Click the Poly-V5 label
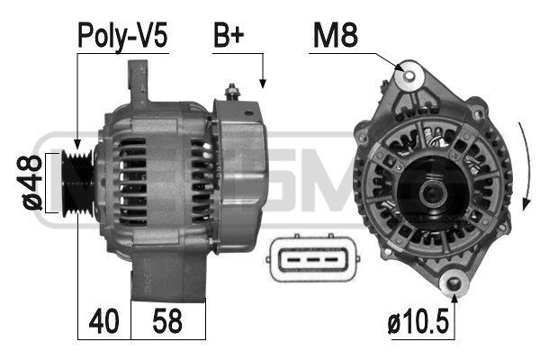(x=122, y=36)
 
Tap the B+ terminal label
(x=229, y=35)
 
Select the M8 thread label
(x=336, y=35)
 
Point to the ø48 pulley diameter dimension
(x=31, y=183)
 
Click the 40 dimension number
(x=103, y=321)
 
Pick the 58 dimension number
(x=167, y=321)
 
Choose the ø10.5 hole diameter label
(x=418, y=321)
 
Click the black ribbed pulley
(x=77, y=184)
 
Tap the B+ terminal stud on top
(x=232, y=93)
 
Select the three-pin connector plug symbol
(x=312, y=258)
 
